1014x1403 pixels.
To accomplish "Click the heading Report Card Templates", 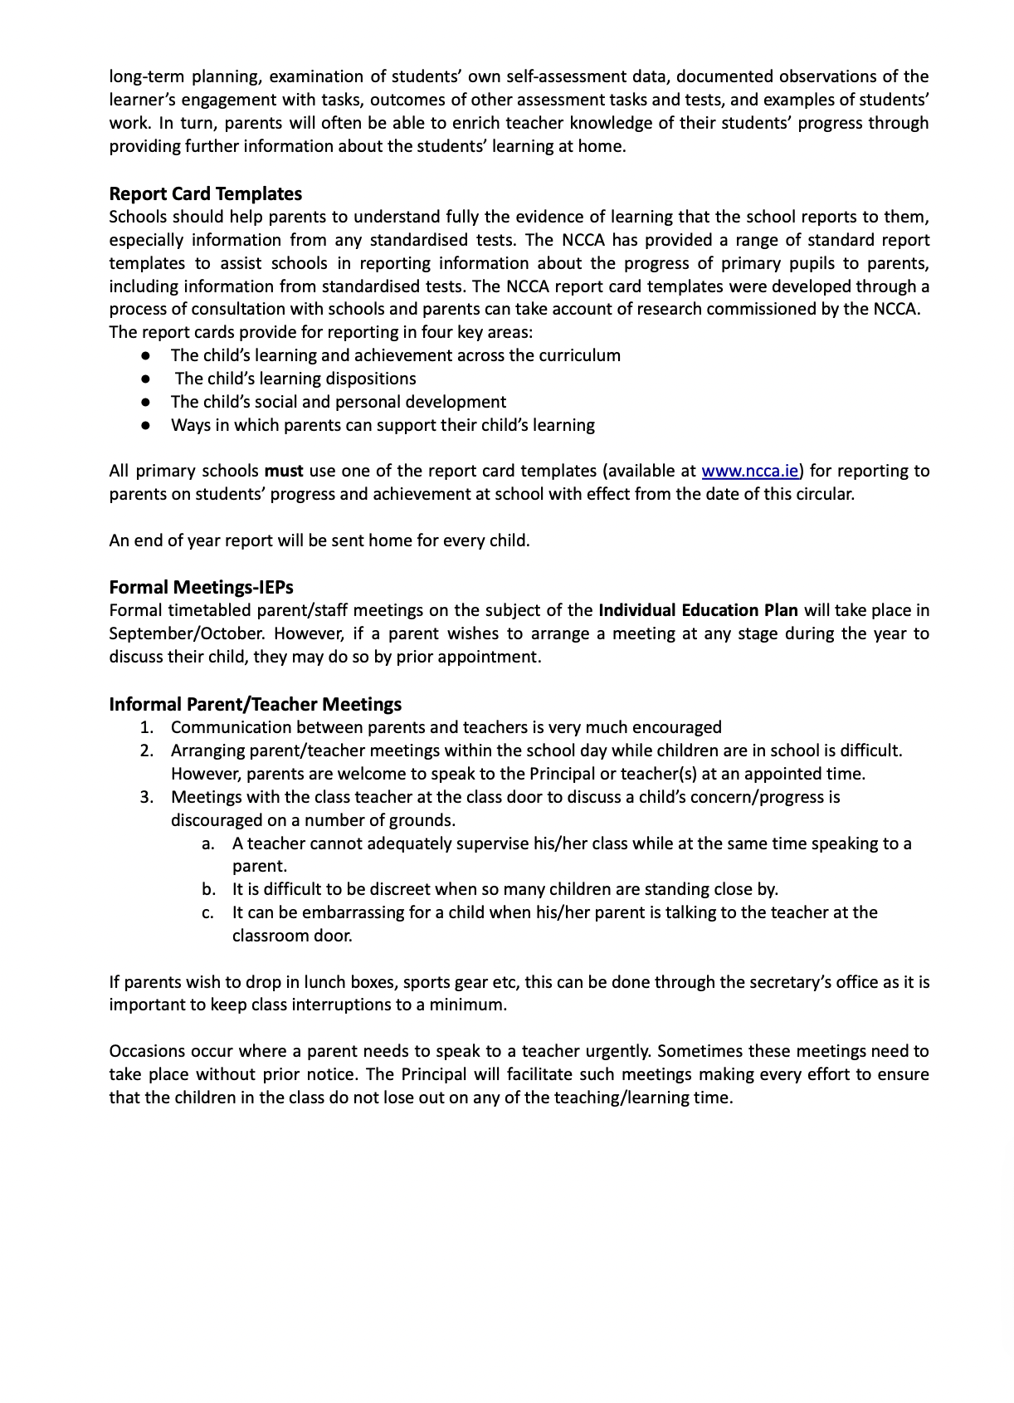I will [x=205, y=194].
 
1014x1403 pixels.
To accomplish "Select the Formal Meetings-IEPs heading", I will [x=201, y=588].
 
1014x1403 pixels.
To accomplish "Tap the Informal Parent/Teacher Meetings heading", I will [x=255, y=705].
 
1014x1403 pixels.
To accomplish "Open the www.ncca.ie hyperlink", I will [x=749, y=472].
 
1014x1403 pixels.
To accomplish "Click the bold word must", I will [x=284, y=472].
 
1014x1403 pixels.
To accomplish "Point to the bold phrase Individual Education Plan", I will [x=698, y=611].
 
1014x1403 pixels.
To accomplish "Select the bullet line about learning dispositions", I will [x=295, y=379].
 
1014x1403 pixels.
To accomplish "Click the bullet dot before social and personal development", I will [x=146, y=402].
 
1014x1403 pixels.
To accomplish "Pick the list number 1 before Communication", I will [x=147, y=728].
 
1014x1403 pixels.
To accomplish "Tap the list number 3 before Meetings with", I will [x=147, y=798].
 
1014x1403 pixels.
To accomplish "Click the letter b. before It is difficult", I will [x=208, y=890].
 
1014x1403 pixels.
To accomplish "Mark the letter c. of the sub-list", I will [x=208, y=913].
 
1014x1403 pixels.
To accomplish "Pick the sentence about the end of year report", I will [x=319, y=541].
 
